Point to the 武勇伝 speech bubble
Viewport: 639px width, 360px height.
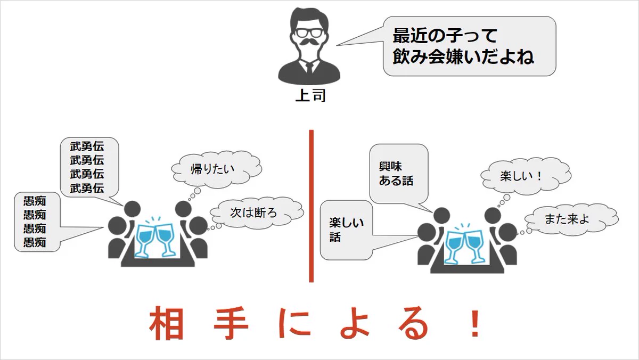point(88,167)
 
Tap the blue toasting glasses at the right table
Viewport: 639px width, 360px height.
point(464,244)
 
